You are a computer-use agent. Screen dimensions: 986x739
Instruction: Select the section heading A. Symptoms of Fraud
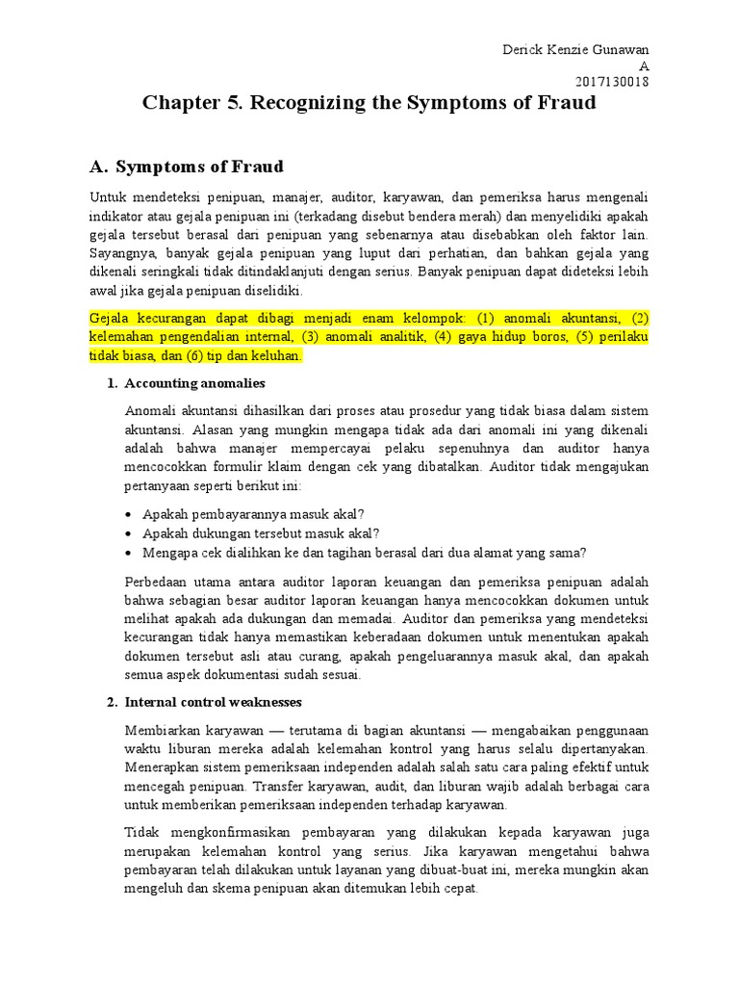point(187,167)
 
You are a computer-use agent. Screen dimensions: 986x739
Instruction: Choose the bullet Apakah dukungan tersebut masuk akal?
point(261,532)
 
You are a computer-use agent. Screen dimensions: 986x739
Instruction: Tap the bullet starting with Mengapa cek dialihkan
point(364,553)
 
